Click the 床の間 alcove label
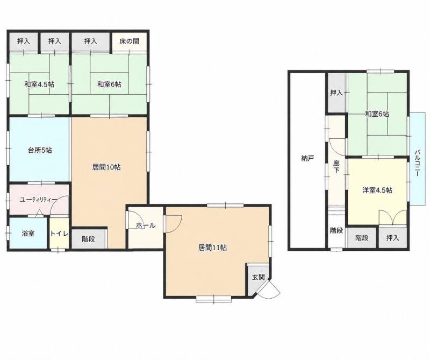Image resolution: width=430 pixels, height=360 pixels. [x=129, y=41]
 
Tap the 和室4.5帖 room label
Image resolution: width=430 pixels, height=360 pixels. [x=39, y=84]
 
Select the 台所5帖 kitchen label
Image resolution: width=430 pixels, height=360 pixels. [x=40, y=150]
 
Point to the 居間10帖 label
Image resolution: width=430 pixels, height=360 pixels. [x=106, y=167]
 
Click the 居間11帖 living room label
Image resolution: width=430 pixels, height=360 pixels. [x=212, y=248]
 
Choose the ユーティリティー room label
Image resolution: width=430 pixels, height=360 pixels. [x=38, y=200]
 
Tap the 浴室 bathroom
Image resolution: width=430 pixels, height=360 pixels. [x=28, y=233]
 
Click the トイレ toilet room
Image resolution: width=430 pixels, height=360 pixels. [x=59, y=233]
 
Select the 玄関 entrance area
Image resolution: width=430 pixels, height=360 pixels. [x=258, y=278]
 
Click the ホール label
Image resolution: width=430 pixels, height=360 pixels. [x=146, y=225]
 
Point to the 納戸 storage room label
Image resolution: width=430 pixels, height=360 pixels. [x=307, y=158]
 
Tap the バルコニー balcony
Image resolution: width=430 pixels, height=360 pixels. [x=418, y=159]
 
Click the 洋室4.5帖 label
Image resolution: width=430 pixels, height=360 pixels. [x=377, y=190]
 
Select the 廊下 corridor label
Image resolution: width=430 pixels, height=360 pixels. [x=336, y=167]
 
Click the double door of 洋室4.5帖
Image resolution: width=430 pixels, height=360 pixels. [x=392, y=217]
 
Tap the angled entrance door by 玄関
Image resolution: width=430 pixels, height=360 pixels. [x=269, y=289]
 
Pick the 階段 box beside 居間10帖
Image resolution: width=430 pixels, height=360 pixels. [x=89, y=239]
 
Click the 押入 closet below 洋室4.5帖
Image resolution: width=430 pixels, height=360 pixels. [x=392, y=238]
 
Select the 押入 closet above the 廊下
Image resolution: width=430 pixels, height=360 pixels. [x=336, y=93]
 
